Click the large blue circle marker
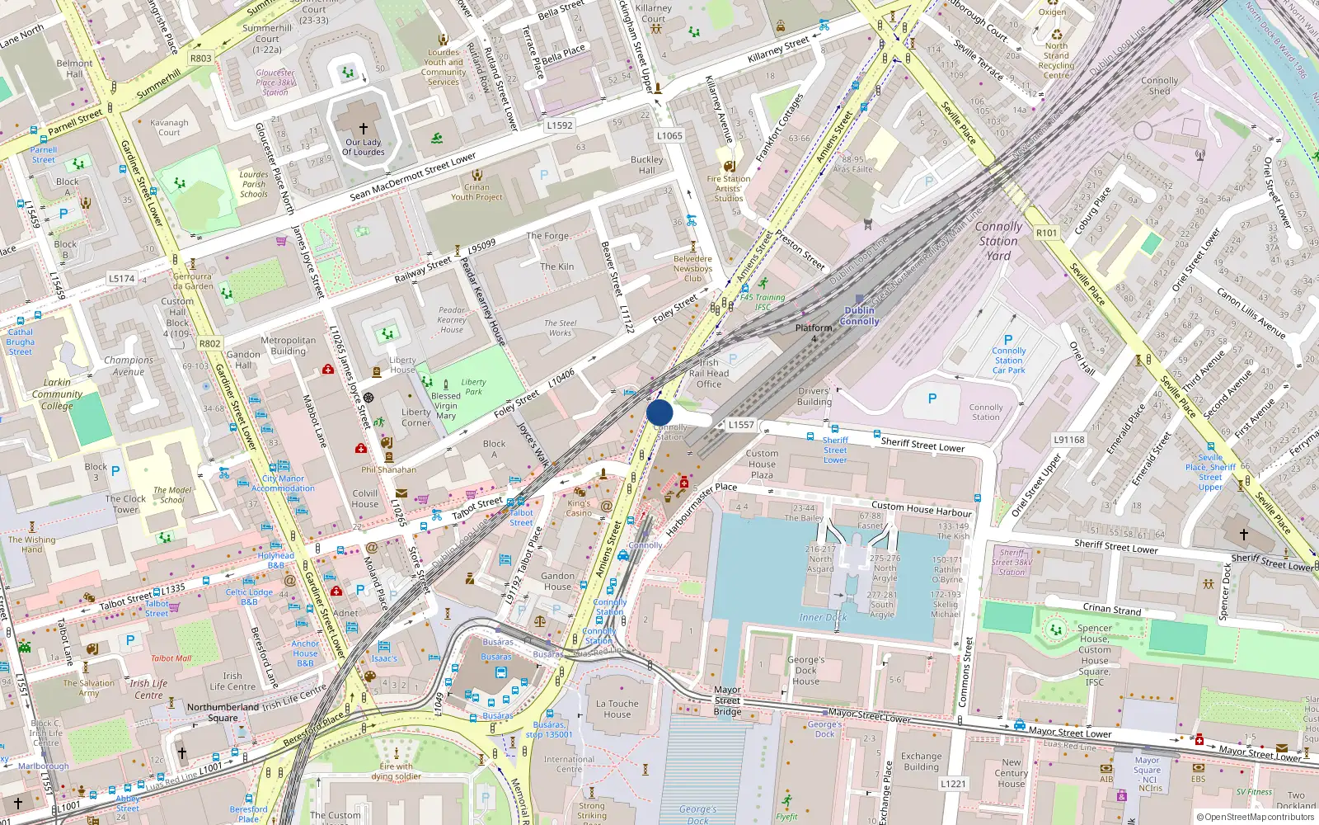(x=659, y=412)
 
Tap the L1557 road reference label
(x=741, y=425)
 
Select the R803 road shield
(x=201, y=58)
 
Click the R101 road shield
(x=1046, y=233)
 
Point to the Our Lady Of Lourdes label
(x=364, y=147)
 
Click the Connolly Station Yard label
(x=998, y=241)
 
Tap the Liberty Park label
(x=473, y=387)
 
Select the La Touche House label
(x=617, y=709)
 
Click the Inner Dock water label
(x=823, y=617)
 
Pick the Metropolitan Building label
(x=288, y=346)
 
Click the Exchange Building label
(x=921, y=761)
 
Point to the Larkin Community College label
(x=57, y=394)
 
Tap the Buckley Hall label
(x=647, y=165)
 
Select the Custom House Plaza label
(x=762, y=464)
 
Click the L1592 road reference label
(x=560, y=125)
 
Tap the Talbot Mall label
(x=171, y=658)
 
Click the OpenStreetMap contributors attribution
(x=1256, y=817)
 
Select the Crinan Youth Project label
(x=476, y=191)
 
